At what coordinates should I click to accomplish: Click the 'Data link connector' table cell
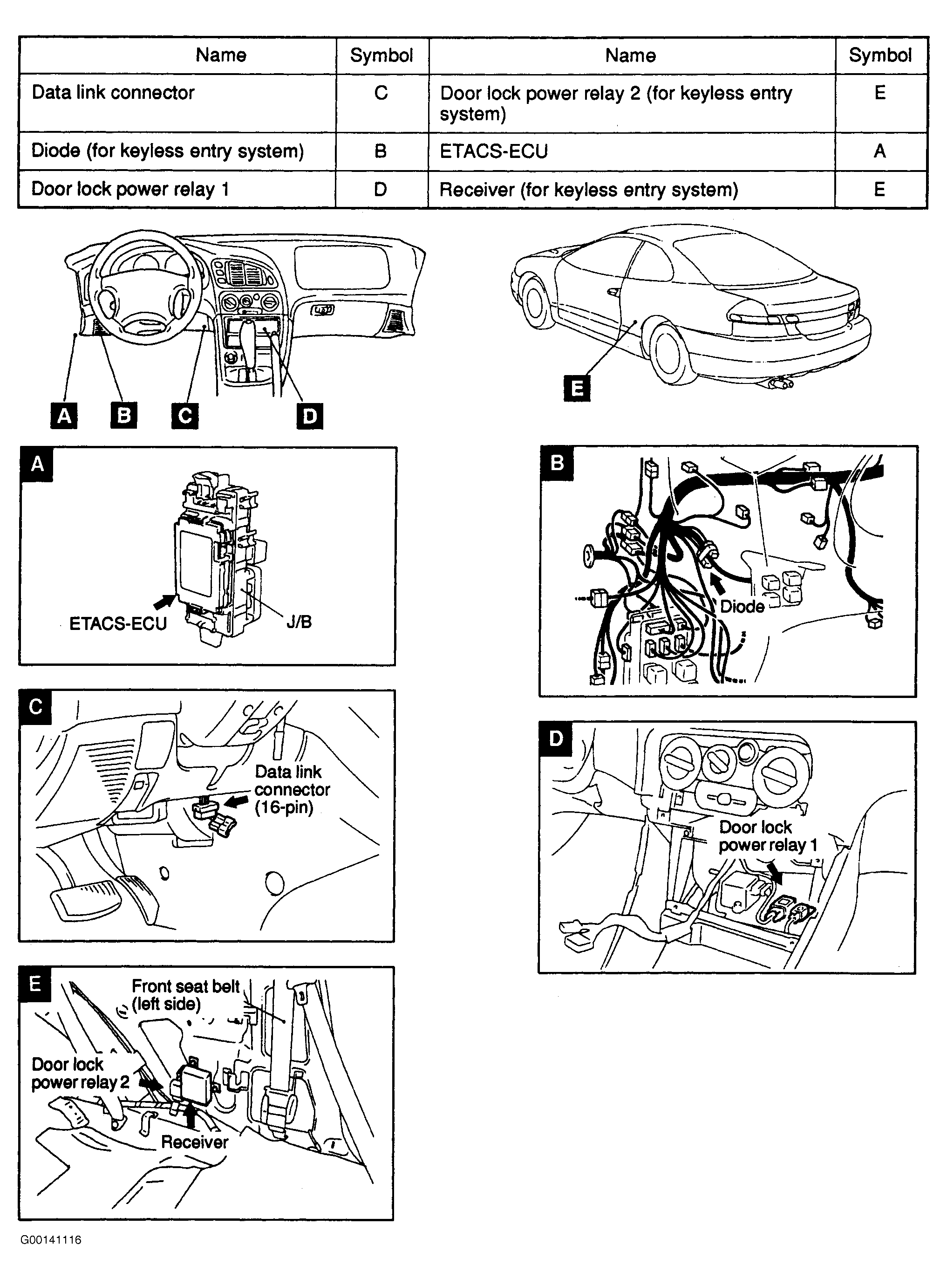[114, 92]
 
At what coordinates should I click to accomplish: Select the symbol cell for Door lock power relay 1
[381, 189]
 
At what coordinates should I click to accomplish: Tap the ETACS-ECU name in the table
[494, 151]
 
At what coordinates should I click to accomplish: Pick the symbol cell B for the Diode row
[381, 151]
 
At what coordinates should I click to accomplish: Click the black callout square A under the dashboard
[64, 415]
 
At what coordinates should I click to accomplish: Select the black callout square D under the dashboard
[310, 416]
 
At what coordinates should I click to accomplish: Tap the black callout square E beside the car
[577, 388]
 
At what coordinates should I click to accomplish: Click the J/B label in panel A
[299, 622]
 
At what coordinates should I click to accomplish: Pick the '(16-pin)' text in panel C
[284, 808]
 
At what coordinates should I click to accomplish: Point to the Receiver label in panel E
[195, 1142]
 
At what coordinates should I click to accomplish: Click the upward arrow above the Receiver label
[191, 1117]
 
